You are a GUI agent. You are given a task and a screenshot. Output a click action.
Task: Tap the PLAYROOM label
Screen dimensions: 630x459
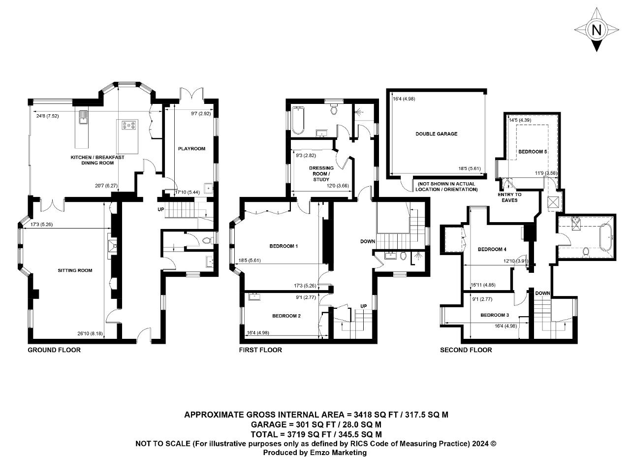tap(191, 149)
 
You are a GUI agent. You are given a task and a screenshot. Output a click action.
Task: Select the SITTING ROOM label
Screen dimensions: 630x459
tap(75, 270)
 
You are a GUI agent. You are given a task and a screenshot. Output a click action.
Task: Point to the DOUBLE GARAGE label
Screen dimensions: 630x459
tap(437, 134)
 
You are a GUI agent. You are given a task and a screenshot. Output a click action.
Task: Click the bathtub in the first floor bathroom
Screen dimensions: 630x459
tap(298, 121)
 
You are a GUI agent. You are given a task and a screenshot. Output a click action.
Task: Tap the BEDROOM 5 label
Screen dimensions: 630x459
tap(533, 152)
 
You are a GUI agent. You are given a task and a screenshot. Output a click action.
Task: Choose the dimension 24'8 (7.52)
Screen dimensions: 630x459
tap(48, 116)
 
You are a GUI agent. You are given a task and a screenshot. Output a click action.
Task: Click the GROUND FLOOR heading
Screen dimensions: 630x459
tap(54, 350)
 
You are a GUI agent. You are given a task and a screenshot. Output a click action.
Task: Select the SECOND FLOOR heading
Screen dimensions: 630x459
tap(466, 350)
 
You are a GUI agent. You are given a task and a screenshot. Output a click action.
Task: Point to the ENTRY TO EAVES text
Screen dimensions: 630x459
tap(509, 197)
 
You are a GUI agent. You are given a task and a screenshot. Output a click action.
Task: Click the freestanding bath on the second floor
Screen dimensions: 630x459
tap(605, 237)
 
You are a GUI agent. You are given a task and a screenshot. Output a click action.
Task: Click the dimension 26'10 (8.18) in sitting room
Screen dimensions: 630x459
tap(90, 333)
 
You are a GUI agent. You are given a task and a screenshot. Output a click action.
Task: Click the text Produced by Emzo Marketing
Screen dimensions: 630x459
tap(315, 453)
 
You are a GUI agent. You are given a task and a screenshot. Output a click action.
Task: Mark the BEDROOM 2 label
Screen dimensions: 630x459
tap(286, 316)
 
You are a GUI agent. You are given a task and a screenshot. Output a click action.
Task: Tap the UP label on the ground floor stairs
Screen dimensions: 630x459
tap(160, 209)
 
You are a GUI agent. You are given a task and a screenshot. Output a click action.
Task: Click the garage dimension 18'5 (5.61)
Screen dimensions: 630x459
tap(470, 168)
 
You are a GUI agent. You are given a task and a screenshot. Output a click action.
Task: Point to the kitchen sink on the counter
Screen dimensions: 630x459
tap(83, 117)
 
